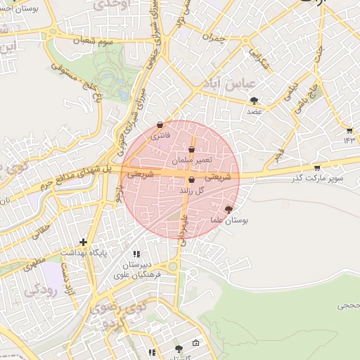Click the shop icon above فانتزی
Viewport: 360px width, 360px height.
[x=160, y=124]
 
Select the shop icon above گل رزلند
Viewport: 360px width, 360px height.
[x=191, y=180]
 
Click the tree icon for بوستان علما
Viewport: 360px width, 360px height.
[x=228, y=209]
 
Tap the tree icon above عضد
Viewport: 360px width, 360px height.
[x=254, y=101]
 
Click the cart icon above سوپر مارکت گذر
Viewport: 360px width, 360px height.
[x=317, y=167]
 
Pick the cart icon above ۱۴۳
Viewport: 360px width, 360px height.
[x=349, y=130]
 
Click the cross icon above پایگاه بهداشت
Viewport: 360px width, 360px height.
[x=84, y=241]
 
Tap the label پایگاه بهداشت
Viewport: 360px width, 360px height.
[x=84, y=252]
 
